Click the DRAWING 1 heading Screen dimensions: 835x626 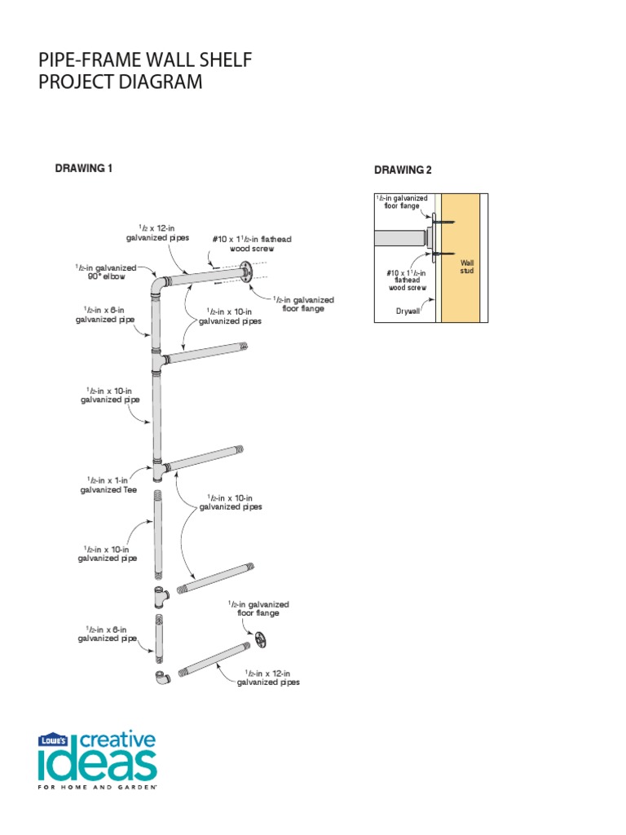point(82,168)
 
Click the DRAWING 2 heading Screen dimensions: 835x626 point(403,170)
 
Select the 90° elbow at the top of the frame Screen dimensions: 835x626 point(158,287)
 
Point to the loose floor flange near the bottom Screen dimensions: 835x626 point(260,640)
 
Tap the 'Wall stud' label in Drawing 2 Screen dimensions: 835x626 point(467,267)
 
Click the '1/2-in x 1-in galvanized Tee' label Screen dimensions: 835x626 point(108,485)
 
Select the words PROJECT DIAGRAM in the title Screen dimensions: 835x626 point(121,83)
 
